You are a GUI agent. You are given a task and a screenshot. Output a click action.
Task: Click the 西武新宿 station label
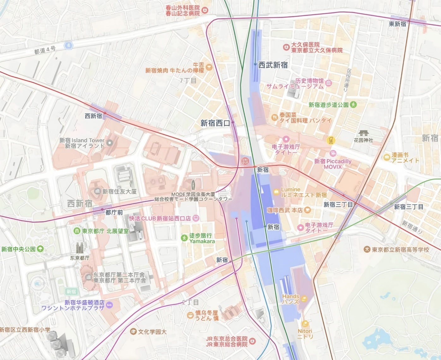(273, 65)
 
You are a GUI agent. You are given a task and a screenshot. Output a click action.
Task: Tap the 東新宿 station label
(397, 24)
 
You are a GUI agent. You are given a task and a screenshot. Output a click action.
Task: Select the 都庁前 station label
(114, 213)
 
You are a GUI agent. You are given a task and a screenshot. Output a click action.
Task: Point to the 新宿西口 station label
(215, 123)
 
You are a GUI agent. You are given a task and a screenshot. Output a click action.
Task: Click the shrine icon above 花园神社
(363, 133)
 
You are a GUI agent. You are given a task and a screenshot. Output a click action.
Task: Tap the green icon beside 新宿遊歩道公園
(353, 105)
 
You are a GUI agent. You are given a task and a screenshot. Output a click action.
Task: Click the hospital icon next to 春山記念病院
(205, 10)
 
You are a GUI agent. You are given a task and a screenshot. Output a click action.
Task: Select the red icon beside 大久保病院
(286, 47)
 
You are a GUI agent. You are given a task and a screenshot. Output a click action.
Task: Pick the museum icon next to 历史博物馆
(329, 83)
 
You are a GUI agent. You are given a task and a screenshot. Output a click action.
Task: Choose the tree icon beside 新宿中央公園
(40, 249)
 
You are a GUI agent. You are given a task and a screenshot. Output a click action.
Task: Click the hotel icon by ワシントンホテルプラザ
(109, 305)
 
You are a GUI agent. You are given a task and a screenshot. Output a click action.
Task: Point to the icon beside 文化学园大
(133, 331)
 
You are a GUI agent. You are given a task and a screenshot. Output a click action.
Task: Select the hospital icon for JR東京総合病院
(252, 341)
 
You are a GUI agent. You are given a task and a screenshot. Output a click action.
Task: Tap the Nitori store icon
(305, 324)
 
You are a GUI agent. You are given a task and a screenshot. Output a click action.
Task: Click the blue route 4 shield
(69, 45)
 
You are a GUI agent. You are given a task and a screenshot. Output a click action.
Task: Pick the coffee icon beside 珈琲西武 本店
(307, 210)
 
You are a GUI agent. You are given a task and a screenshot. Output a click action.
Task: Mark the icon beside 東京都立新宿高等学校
(367, 249)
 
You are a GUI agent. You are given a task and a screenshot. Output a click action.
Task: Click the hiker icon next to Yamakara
(184, 238)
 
